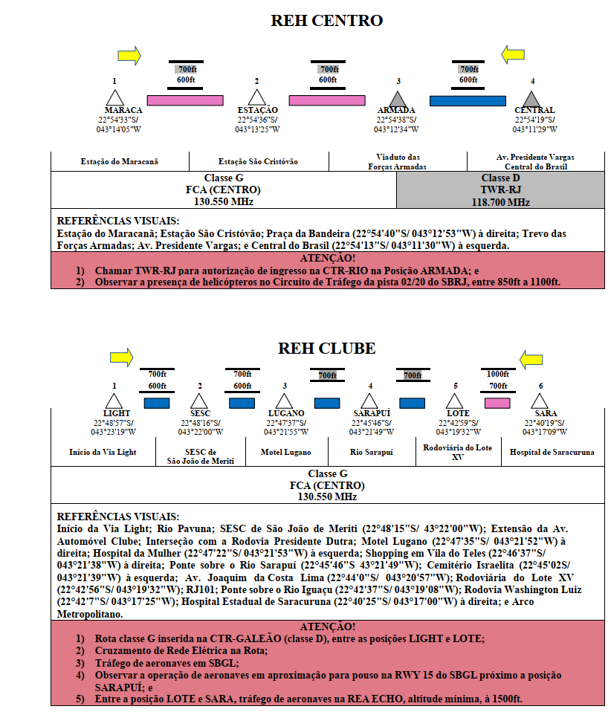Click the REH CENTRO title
click(326, 20)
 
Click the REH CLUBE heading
click(326, 349)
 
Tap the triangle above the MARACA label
click(115, 97)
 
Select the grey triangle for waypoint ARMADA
click(398, 99)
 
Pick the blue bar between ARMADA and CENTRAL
click(468, 101)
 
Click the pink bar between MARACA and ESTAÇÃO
click(185, 100)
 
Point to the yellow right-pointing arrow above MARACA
click(129, 56)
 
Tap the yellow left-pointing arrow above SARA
click(531, 360)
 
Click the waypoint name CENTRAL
click(534, 110)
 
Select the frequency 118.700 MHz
click(500, 202)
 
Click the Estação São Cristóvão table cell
click(258, 162)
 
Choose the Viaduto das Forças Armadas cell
click(398, 162)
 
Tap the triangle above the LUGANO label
click(284, 401)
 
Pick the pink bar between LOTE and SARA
click(497, 404)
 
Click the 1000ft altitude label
click(498, 374)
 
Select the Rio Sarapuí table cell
click(371, 453)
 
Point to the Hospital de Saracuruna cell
click(552, 453)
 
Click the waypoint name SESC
click(201, 413)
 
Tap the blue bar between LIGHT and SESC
click(157, 404)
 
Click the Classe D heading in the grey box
click(500, 178)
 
